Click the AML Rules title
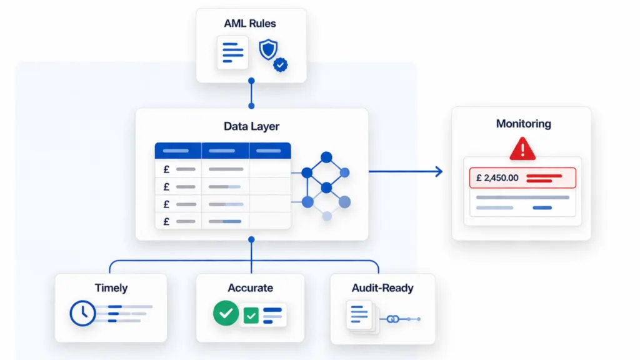pos(250,24)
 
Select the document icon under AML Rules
pos(232,52)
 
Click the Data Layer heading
pos(251,126)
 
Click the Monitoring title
pos(523,124)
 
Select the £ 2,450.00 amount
pos(497,177)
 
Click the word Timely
pos(111,288)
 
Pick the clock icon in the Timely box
pos(82,312)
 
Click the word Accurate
pos(250,288)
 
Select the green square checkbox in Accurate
pos(251,316)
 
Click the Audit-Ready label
pos(382,288)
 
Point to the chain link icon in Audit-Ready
pos(393,319)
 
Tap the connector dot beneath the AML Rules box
pos(251,81)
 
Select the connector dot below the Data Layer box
pos(251,239)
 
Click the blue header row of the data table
pos(222,151)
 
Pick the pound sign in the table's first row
pos(166,169)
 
